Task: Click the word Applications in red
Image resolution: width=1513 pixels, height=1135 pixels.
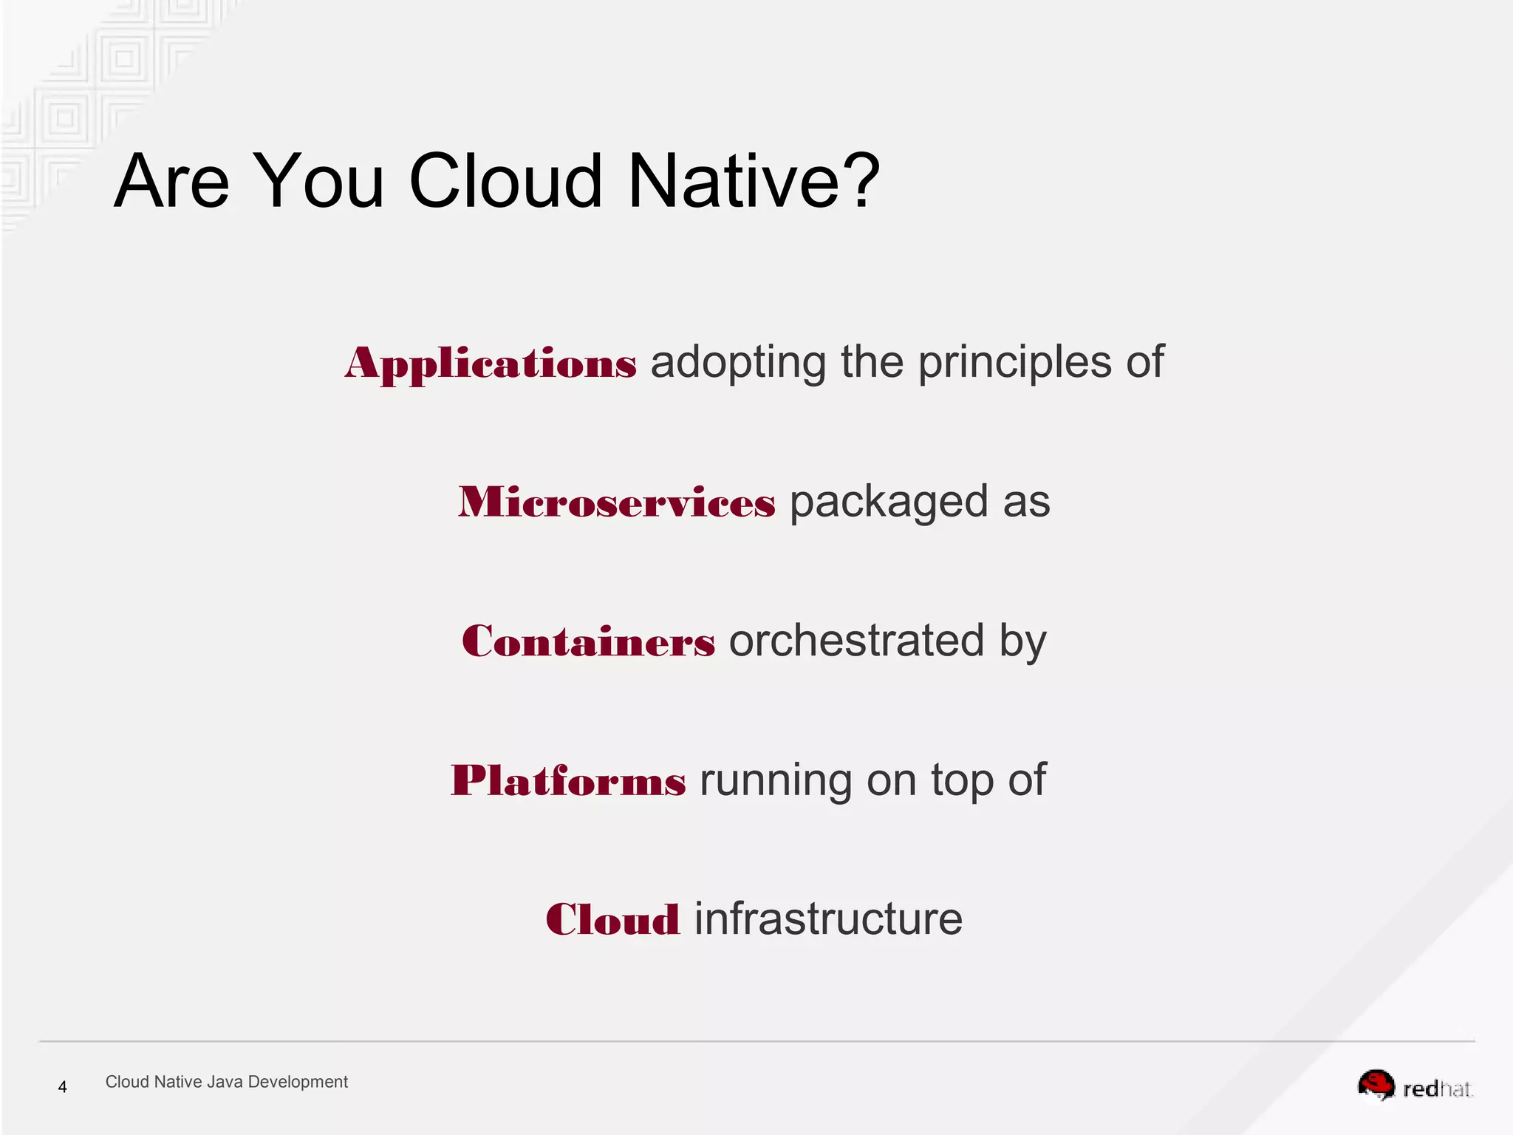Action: click(x=490, y=364)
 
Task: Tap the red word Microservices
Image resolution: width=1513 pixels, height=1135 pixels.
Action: click(x=617, y=502)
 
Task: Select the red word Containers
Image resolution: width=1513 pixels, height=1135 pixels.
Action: click(x=588, y=641)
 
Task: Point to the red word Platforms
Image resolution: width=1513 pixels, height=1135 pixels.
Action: click(x=568, y=781)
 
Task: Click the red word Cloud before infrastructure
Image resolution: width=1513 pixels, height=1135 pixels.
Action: click(x=612, y=920)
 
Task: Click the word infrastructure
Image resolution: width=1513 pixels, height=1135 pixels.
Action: click(x=828, y=919)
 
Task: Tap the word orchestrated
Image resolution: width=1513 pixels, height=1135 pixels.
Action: click(x=856, y=641)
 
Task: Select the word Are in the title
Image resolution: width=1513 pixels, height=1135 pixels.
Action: click(x=171, y=181)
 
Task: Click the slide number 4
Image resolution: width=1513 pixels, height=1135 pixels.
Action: click(x=63, y=1087)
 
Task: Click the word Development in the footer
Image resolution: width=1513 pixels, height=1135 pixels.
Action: click(x=298, y=1082)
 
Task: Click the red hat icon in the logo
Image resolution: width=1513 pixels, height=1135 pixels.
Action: click(x=1376, y=1085)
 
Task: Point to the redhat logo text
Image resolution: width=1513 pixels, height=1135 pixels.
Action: click(x=1437, y=1089)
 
